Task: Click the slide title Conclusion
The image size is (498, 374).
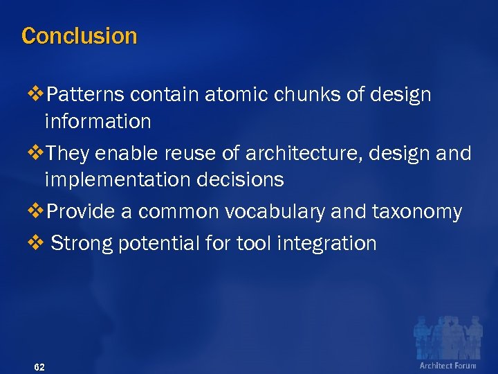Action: (x=80, y=35)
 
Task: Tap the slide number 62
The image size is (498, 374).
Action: (x=39, y=366)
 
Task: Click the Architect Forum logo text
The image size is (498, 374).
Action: (x=448, y=365)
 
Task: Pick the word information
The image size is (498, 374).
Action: (x=98, y=121)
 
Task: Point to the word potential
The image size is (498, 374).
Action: (x=152, y=243)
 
